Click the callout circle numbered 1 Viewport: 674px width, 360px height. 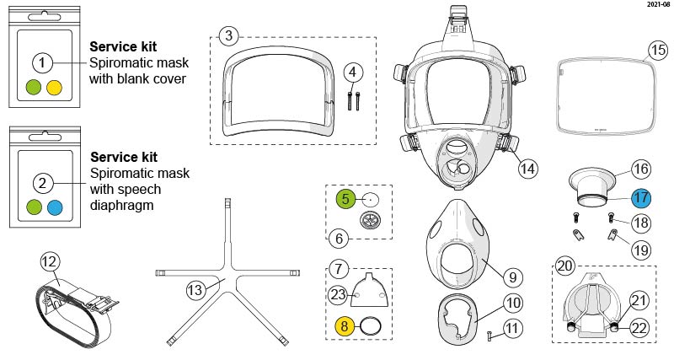click(x=44, y=62)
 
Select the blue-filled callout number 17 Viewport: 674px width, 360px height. click(x=642, y=199)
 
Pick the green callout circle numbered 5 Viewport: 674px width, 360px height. click(x=344, y=199)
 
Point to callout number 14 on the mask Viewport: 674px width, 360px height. click(x=527, y=168)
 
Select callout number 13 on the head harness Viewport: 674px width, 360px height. click(x=196, y=289)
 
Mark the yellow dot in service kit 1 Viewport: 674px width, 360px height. click(x=56, y=86)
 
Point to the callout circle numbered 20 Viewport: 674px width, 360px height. click(x=564, y=266)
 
